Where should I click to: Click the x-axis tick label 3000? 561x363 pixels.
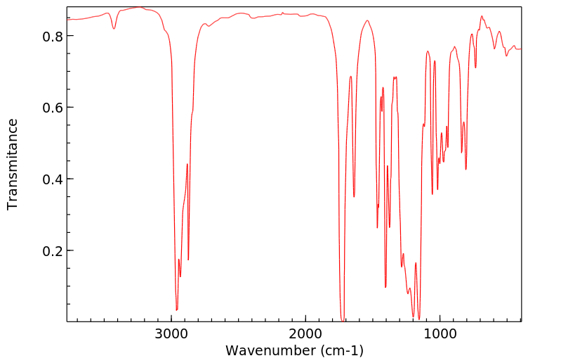pyautogui.click(x=171, y=335)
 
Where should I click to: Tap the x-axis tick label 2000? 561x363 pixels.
pyautogui.click(x=306, y=335)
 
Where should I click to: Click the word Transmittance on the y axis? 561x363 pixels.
pyautogui.click(x=13, y=164)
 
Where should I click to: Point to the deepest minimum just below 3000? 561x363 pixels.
pyautogui.click(x=177, y=310)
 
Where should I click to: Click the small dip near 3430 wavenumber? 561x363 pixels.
pyautogui.click(x=114, y=29)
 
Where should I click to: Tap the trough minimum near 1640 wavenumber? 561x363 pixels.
pyautogui.click(x=354, y=196)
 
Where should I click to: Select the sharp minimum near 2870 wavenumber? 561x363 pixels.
pyautogui.click(x=188, y=260)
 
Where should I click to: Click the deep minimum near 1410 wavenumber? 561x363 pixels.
pyautogui.click(x=385, y=287)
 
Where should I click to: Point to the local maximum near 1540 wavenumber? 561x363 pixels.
pyautogui.click(x=367, y=20)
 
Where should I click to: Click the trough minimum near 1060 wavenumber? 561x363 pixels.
pyautogui.click(x=432, y=194)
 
